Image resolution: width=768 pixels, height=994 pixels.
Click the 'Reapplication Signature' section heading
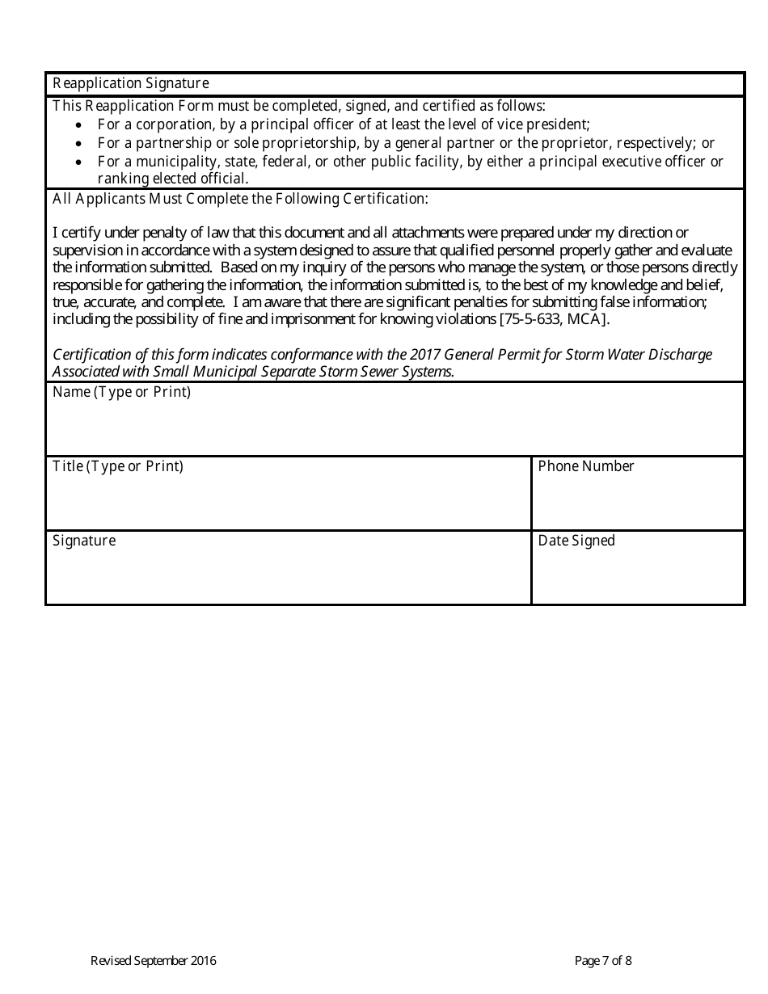[x=130, y=83]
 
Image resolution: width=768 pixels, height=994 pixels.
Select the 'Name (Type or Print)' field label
[x=121, y=393]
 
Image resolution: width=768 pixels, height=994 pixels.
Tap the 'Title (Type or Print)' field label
[x=118, y=466]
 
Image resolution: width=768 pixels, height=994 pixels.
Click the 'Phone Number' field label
[x=586, y=466]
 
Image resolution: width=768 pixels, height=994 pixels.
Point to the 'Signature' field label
[x=84, y=541]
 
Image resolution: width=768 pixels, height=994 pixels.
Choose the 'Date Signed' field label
[x=576, y=541]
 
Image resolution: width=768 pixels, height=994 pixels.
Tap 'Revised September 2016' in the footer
[x=153, y=961]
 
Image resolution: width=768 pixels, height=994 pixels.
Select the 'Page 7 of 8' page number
[x=603, y=961]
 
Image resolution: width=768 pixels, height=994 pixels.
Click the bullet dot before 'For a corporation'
[x=78, y=125]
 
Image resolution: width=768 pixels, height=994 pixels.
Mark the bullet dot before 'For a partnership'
[x=78, y=144]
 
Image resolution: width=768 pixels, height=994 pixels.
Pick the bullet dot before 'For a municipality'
[x=78, y=162]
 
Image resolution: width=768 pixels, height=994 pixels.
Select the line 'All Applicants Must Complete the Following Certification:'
[x=240, y=199]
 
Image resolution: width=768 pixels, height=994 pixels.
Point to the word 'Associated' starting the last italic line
[x=86, y=372]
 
